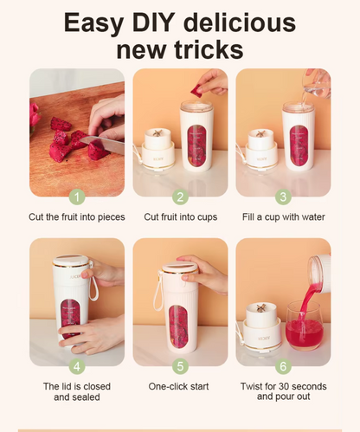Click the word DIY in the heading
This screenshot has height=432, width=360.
click(x=154, y=23)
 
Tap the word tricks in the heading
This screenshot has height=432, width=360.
click(x=209, y=49)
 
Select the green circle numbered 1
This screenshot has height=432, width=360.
click(x=77, y=197)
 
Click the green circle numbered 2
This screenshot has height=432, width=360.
click(x=180, y=197)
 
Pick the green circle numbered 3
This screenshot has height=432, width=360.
click(x=283, y=197)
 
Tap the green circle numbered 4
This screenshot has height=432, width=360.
click(x=77, y=366)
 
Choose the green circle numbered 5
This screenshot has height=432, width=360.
click(x=180, y=366)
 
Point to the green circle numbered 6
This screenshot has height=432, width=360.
click(x=283, y=366)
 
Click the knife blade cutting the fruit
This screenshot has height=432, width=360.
click(x=102, y=145)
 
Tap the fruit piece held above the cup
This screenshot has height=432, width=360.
click(x=197, y=89)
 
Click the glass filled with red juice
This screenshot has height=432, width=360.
click(x=305, y=326)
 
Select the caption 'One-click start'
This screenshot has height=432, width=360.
click(x=178, y=386)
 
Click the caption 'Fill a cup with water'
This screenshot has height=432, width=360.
click(x=284, y=217)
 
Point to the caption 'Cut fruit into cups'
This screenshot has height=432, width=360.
click(x=181, y=217)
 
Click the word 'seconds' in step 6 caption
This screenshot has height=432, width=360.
click(x=308, y=386)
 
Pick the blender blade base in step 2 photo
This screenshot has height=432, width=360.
click(x=157, y=150)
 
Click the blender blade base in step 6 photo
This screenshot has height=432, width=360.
click(x=262, y=326)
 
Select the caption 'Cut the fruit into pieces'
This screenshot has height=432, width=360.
click(x=77, y=217)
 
